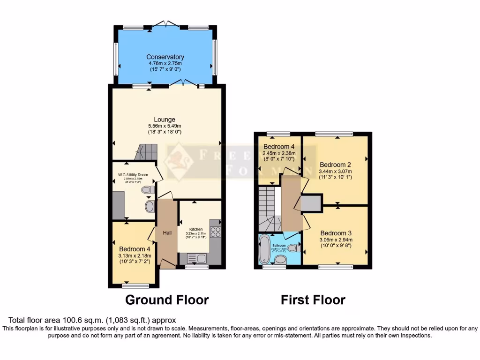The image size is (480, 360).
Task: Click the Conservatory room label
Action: pyautogui.click(x=165, y=57)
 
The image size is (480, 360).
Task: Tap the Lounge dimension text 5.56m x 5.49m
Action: pyautogui.click(x=165, y=126)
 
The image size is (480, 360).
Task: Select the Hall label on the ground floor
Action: pyautogui.click(x=167, y=232)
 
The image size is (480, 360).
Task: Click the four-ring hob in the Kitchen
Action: pyautogui.click(x=216, y=231)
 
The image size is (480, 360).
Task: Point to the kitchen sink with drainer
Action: pyautogui.click(x=197, y=257)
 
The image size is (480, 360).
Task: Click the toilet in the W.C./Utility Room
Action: pyautogui.click(x=148, y=190)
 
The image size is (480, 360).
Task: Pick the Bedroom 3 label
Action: pyautogui.click(x=336, y=233)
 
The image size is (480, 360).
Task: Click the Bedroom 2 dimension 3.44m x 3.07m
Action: pyautogui.click(x=336, y=172)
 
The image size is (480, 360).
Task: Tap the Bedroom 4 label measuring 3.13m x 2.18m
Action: pyautogui.click(x=135, y=249)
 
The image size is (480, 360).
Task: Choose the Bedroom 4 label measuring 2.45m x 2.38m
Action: pyautogui.click(x=279, y=146)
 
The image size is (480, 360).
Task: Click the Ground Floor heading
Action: pyautogui.click(x=167, y=300)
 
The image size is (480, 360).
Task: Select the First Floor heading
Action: pyautogui.click(x=313, y=300)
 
